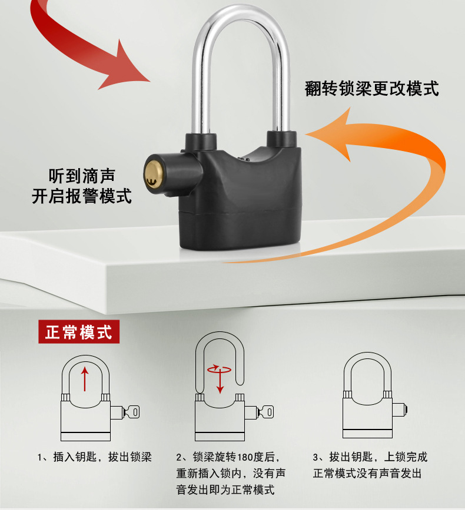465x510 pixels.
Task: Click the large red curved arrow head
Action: (127, 66)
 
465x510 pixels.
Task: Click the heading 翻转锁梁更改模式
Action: (372, 89)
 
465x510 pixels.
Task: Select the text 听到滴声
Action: (82, 176)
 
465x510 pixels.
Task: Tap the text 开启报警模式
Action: (82, 196)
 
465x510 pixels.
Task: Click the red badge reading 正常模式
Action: (79, 332)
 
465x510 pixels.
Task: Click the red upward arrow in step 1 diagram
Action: (85, 379)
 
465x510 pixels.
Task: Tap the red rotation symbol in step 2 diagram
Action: (219, 369)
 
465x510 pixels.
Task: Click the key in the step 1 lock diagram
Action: (132, 412)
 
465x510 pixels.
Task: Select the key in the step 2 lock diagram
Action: (266, 412)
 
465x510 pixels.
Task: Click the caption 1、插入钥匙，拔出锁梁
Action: (95, 457)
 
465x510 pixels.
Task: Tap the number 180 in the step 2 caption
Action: (245, 457)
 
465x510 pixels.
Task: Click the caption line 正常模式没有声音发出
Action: (367, 473)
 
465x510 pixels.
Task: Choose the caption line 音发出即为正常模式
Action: (225, 489)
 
